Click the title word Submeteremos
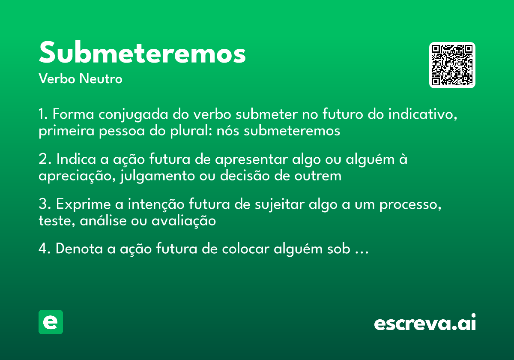(x=142, y=53)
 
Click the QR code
(x=452, y=65)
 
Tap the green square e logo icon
(x=51, y=322)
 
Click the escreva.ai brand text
(x=425, y=323)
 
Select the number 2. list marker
(x=45, y=159)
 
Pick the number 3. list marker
(x=45, y=204)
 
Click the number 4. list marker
(x=45, y=249)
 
